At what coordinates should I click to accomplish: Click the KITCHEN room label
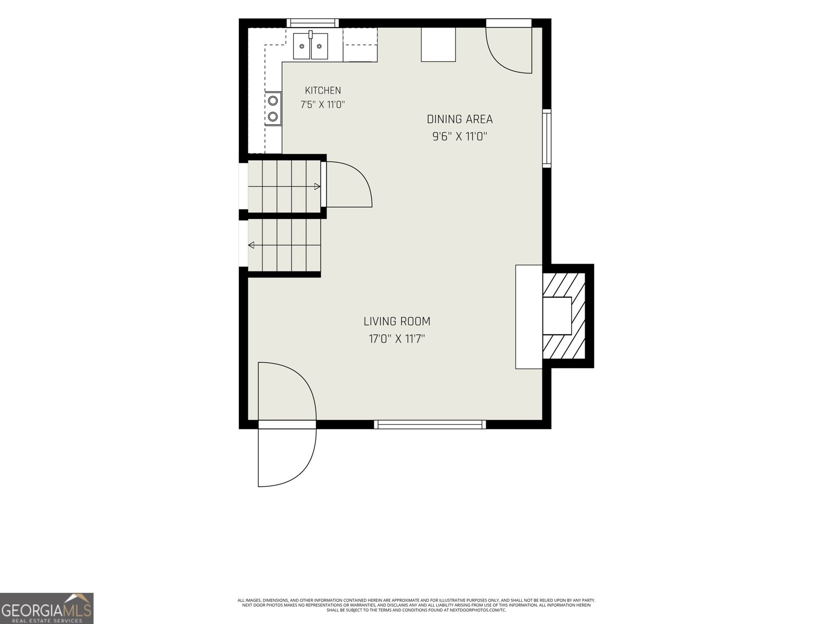pyautogui.click(x=323, y=90)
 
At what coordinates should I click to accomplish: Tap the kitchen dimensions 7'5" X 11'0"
pyautogui.click(x=323, y=105)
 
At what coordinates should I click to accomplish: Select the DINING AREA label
pyautogui.click(x=460, y=120)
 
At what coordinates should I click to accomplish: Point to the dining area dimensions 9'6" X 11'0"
pyautogui.click(x=460, y=136)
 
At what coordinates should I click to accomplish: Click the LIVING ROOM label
pyautogui.click(x=397, y=321)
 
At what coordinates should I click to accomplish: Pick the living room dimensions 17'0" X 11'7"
pyautogui.click(x=397, y=339)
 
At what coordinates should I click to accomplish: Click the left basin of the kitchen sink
pyautogui.click(x=301, y=46)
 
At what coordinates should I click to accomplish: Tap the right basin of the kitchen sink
pyautogui.click(x=319, y=46)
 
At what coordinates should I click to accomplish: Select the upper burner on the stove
pyautogui.click(x=272, y=101)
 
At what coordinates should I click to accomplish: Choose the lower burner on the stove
pyautogui.click(x=272, y=116)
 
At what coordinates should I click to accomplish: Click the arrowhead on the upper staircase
pyautogui.click(x=317, y=186)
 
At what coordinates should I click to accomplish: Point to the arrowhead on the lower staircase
pyautogui.click(x=251, y=245)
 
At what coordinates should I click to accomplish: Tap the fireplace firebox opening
pyautogui.click(x=557, y=316)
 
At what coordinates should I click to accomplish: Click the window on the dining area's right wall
pyautogui.click(x=547, y=138)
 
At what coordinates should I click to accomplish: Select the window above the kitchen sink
pyautogui.click(x=312, y=23)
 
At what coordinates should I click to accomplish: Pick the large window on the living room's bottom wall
pyautogui.click(x=430, y=424)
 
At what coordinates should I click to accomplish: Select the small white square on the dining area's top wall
pyautogui.click(x=438, y=44)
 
